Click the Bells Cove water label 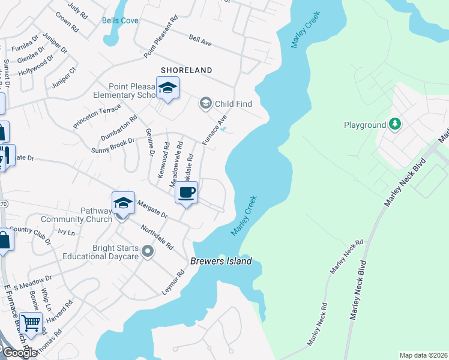120,20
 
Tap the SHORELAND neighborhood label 186,70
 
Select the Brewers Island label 221,262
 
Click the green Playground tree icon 394,124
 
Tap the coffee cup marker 186,193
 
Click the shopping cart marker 31,323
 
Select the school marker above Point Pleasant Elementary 167,89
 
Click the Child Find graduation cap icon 206,103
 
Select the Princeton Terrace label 97,115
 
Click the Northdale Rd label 157,238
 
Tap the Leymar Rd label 173,281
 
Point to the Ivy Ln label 66,232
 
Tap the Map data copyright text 423,355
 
